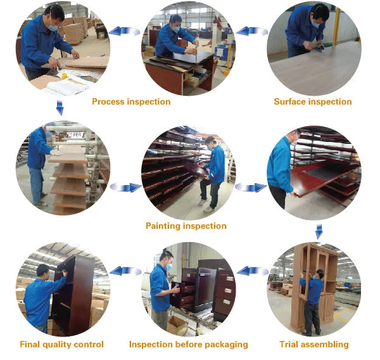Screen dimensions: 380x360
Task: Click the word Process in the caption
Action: pyautogui.click(x=108, y=101)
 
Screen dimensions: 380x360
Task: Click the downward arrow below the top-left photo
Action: pyautogui.click(x=60, y=108)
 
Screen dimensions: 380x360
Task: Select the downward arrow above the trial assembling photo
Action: pyautogui.click(x=319, y=231)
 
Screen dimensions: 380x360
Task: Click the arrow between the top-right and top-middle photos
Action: pyautogui.click(x=252, y=32)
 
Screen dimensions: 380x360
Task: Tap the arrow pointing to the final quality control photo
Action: pyautogui.click(x=125, y=271)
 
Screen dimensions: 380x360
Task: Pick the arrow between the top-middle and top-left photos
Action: pyautogui.click(x=125, y=31)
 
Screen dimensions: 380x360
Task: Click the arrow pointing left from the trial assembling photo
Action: pyautogui.click(x=253, y=271)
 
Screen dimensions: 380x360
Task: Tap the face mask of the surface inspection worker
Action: pyautogui.click(x=316, y=24)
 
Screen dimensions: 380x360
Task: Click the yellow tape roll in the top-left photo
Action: pyautogui.click(x=64, y=75)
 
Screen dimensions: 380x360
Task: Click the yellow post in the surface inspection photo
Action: pyautogui.click(x=336, y=27)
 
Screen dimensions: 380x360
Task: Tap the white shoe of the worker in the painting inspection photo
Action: pyautogui.click(x=208, y=209)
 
